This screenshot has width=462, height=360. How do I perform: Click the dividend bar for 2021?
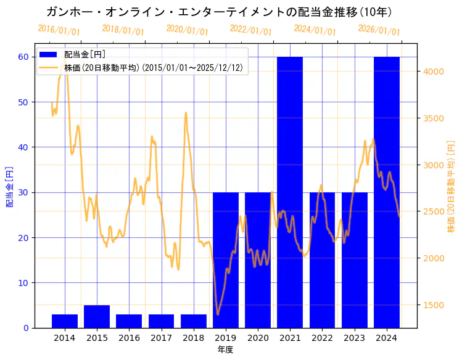tap(290, 192)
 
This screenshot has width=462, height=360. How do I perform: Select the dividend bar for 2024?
tap(387, 192)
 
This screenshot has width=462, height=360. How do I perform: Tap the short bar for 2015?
tap(97, 316)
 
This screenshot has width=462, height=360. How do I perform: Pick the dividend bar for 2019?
tap(226, 260)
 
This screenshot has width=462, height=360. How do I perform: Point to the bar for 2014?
tap(65, 321)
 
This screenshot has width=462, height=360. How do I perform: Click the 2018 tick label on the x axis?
tap(194, 338)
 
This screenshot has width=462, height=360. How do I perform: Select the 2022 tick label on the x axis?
tap(322, 338)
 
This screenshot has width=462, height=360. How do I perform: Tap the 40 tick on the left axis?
tap(24, 147)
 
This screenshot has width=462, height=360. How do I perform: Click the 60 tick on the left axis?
tap(24, 57)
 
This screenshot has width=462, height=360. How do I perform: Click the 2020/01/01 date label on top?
tap(188, 30)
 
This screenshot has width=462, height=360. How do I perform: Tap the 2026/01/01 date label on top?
tap(379, 30)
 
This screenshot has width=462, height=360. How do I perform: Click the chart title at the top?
tap(219, 12)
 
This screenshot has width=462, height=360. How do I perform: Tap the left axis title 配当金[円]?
tap(10, 187)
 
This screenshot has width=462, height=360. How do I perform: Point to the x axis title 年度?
tap(225, 350)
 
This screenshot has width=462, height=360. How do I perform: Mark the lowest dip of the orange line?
tap(217, 314)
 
